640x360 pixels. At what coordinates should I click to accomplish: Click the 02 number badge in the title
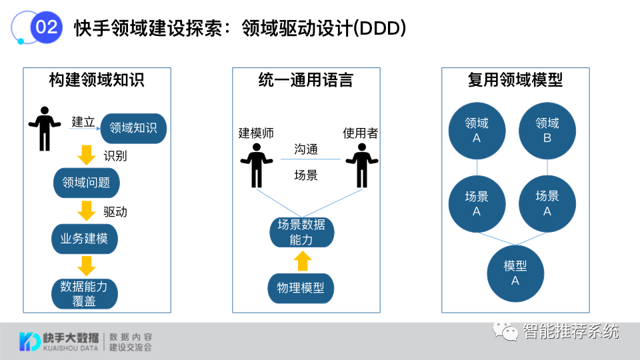(x=47, y=27)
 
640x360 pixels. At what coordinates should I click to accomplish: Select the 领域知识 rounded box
(x=133, y=127)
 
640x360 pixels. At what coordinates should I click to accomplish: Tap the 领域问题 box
(x=86, y=182)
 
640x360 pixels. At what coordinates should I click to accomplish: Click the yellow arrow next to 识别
(x=87, y=155)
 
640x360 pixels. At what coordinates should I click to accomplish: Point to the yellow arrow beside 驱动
(x=87, y=211)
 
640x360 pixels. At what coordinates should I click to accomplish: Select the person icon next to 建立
(x=45, y=128)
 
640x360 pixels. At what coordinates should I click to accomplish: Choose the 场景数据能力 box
(x=301, y=232)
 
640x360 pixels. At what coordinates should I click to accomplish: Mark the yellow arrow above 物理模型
(x=303, y=261)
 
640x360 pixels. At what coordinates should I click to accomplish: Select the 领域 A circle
(x=477, y=131)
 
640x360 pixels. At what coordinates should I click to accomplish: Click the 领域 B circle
(x=547, y=131)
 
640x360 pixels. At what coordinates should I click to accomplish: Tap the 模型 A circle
(x=515, y=273)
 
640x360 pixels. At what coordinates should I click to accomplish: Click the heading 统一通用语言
(x=305, y=81)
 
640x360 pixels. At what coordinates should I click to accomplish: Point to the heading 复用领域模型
(x=515, y=81)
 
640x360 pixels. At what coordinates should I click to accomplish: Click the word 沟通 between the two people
(x=306, y=149)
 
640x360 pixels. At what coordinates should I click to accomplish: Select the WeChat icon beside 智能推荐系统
(x=506, y=331)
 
